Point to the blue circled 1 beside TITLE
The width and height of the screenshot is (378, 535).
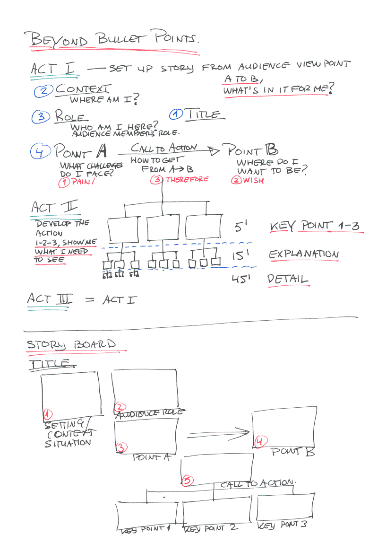click(x=176, y=114)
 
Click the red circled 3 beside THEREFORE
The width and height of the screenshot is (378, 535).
click(x=156, y=180)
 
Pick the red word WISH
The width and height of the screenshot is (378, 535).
click(x=254, y=181)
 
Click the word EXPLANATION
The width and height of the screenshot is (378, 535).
click(x=304, y=254)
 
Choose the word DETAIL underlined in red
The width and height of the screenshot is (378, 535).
click(x=287, y=280)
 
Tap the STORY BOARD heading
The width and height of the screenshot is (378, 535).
click(x=71, y=344)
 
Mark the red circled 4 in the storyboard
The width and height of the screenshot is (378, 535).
click(x=259, y=442)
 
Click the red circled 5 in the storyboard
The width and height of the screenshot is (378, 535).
click(x=187, y=480)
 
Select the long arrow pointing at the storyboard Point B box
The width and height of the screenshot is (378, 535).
click(x=218, y=431)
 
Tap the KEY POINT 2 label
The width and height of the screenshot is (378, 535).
click(x=210, y=528)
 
